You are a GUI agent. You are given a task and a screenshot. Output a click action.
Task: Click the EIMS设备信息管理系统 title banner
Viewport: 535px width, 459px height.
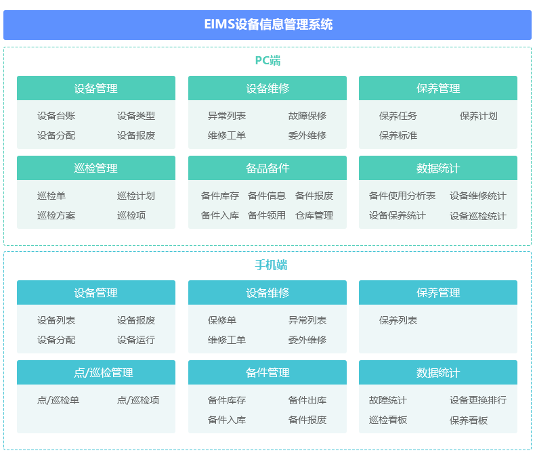[x=267, y=25]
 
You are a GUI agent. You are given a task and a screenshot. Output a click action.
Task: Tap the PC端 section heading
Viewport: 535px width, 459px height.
[x=268, y=61]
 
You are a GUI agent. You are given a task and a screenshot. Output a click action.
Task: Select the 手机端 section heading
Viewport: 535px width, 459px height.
[x=271, y=265]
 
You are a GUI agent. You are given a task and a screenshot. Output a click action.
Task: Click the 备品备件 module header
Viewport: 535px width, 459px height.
[x=267, y=168]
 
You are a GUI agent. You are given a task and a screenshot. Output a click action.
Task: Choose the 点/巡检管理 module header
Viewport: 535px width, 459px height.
[x=96, y=372]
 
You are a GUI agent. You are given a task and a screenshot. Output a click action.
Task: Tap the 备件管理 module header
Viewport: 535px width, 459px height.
[x=267, y=372]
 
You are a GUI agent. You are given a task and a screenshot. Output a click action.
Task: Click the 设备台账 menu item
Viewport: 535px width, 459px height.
[x=56, y=116]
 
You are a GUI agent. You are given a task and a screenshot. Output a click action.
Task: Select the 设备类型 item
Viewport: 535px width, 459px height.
[x=136, y=116]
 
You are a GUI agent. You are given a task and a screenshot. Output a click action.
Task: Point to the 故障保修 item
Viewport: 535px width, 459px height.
[x=307, y=116]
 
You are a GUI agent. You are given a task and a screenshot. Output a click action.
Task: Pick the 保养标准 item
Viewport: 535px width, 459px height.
[x=398, y=135]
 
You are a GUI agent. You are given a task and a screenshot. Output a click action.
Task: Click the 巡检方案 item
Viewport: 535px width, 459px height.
[x=56, y=215]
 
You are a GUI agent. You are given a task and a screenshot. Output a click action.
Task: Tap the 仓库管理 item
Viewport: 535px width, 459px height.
[x=314, y=215]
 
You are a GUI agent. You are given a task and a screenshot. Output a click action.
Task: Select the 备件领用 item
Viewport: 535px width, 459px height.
[x=267, y=215]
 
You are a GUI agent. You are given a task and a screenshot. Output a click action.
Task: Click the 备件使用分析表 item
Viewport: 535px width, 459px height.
[x=402, y=196]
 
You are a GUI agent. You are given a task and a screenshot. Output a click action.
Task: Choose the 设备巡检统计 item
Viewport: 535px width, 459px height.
[x=478, y=216]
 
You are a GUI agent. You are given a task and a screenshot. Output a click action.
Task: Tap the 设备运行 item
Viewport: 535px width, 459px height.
[x=136, y=340]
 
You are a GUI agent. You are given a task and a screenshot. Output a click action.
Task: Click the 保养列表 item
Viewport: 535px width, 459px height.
[x=398, y=320]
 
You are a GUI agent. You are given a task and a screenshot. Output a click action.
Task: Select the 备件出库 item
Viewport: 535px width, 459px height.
[x=307, y=400]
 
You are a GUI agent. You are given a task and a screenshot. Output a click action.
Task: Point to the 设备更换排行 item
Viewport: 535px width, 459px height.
[x=478, y=400]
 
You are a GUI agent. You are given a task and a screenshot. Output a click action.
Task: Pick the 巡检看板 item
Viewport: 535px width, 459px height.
[x=388, y=420]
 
